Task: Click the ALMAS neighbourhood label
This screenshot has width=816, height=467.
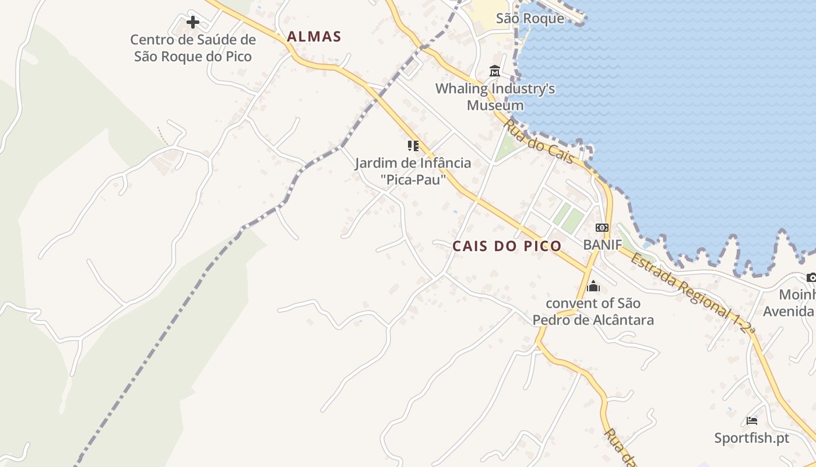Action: pos(314,37)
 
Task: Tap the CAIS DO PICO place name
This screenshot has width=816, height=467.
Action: pos(507,246)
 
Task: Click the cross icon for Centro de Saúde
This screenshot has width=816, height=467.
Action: pos(193,23)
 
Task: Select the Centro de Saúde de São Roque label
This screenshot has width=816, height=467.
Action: pos(193,48)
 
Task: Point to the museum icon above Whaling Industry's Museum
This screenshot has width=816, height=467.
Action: pos(495,72)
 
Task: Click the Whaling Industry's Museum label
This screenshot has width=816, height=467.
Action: pos(495,97)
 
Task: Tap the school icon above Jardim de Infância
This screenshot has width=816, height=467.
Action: pos(413,146)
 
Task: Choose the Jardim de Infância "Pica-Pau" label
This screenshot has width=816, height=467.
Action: pos(413,171)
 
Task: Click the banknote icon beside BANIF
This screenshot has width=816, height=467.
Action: pos(602,228)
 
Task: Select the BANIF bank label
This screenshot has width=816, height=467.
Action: pos(603,245)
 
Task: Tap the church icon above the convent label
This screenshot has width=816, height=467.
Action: pos(593,286)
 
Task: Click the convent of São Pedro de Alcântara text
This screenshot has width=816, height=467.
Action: pos(593,312)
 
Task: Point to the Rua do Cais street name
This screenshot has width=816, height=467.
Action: pos(539,142)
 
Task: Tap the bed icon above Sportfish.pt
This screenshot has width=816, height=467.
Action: pos(752,420)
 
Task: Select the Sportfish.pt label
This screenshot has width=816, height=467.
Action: pos(752,438)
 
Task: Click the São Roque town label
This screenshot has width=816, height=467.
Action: pos(530,18)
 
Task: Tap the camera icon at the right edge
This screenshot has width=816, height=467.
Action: pos(811,277)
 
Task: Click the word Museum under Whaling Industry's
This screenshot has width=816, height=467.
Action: pos(495,106)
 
